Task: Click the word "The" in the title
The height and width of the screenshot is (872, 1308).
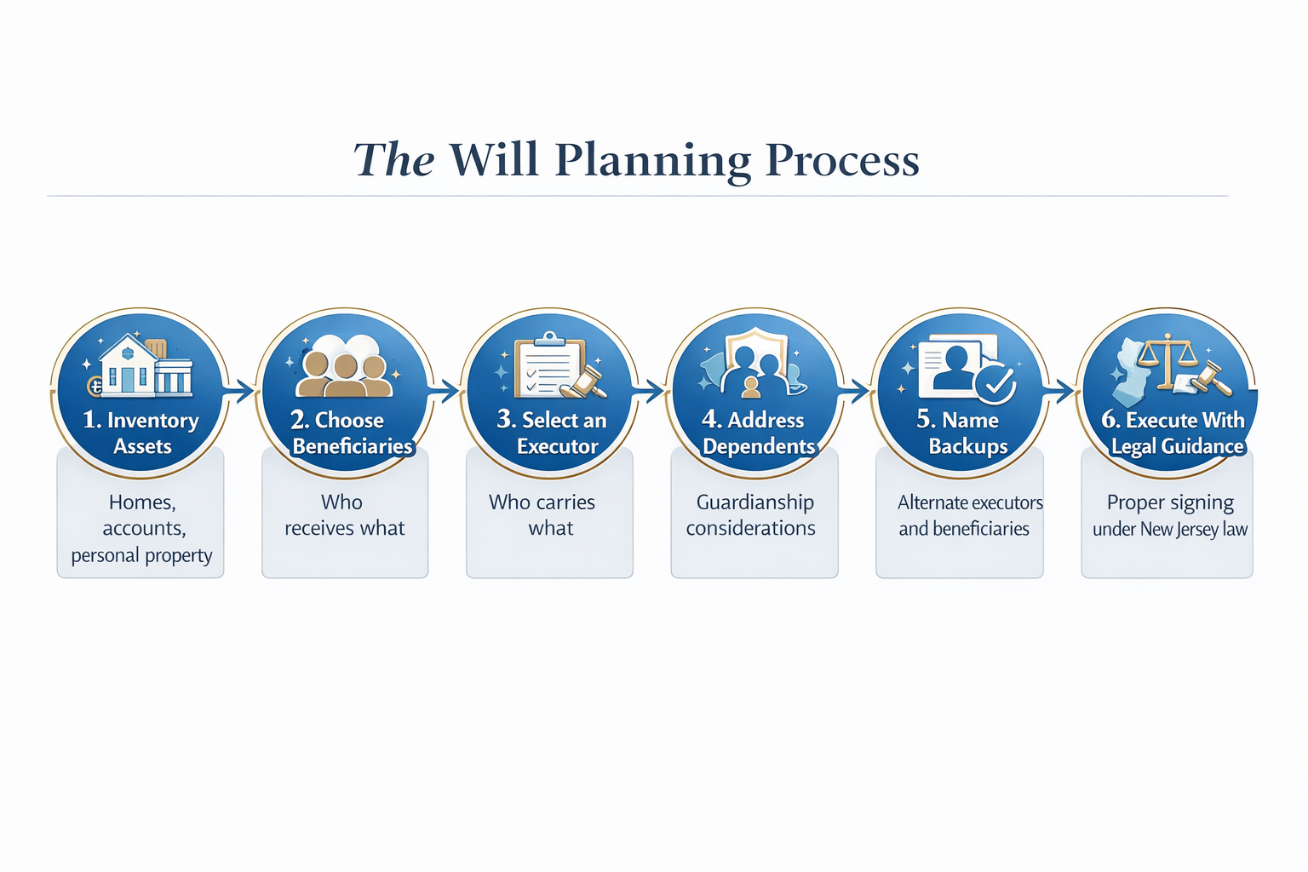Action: (x=393, y=159)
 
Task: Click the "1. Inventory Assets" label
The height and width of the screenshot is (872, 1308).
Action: (x=141, y=433)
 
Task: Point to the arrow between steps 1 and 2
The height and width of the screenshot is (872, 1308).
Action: (x=238, y=391)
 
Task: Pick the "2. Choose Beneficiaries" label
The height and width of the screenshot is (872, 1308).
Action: (x=350, y=433)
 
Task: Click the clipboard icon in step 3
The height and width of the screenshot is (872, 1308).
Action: (x=549, y=364)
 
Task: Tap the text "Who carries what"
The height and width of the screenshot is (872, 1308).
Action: (x=542, y=514)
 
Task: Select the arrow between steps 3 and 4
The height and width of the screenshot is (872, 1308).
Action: (x=649, y=391)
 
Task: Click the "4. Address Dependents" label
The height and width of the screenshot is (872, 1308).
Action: (x=758, y=433)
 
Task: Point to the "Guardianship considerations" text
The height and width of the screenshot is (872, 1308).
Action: (x=752, y=514)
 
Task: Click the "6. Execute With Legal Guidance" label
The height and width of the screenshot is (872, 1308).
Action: (x=1173, y=433)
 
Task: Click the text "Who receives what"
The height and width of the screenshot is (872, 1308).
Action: (x=345, y=514)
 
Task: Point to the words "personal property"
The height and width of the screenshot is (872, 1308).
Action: (x=142, y=555)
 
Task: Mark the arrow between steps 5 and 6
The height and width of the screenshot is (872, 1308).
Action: (x=1058, y=391)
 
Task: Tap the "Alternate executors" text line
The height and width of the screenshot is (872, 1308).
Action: (x=971, y=502)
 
